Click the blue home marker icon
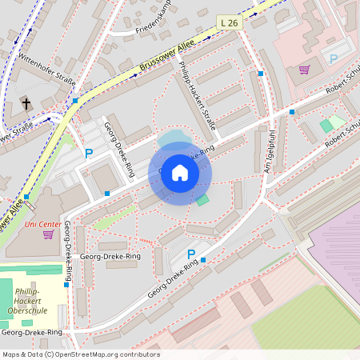point(180,173)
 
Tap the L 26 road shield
point(230,26)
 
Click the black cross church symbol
point(26,103)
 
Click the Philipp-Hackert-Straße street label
point(198,95)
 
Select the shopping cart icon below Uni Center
point(48,234)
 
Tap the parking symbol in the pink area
point(334,58)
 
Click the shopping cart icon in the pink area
point(304,70)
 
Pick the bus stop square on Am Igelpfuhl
point(261,74)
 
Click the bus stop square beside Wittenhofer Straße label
point(75,102)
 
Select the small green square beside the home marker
point(202,200)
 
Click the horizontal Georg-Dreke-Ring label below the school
point(32,331)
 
